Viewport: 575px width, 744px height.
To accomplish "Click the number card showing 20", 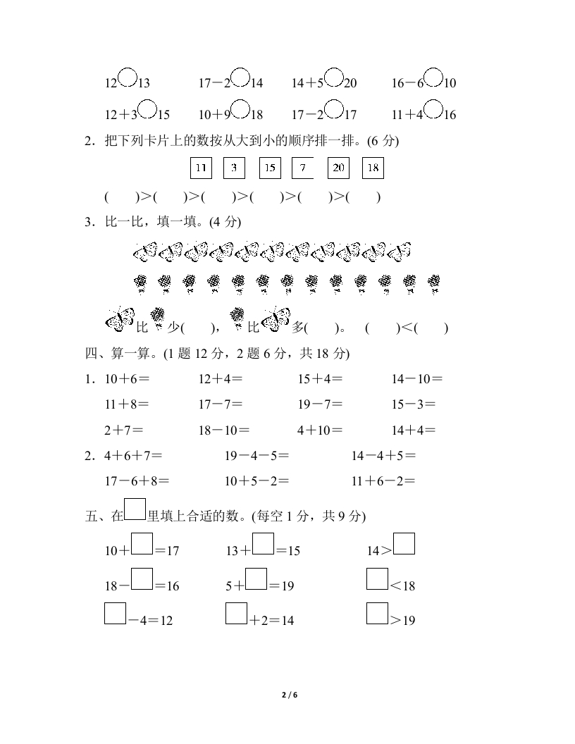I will [x=338, y=168].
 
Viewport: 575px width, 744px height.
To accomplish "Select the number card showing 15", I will [x=269, y=168].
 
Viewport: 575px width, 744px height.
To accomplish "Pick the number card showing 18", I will [x=373, y=168].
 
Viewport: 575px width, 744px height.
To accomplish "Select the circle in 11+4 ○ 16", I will [x=434, y=108].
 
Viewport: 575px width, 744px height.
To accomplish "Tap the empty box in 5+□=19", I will [x=256, y=579].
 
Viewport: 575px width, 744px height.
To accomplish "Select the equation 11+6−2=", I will [x=383, y=482].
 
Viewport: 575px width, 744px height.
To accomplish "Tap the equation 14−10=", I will [x=417, y=379].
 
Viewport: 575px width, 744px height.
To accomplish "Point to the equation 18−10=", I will [x=224, y=430].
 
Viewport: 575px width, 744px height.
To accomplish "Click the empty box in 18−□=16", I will [x=142, y=579].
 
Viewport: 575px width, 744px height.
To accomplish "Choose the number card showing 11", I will [x=201, y=168].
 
